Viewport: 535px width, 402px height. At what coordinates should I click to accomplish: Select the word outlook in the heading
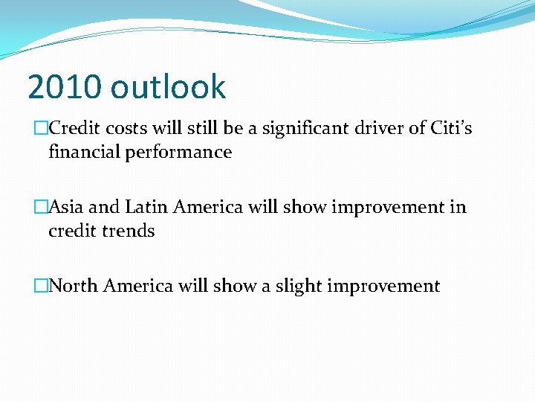click(x=168, y=87)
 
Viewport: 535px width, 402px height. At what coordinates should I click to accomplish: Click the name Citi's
click(x=451, y=128)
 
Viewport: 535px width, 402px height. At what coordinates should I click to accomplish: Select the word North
click(x=74, y=285)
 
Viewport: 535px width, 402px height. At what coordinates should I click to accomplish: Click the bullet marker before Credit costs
click(x=42, y=129)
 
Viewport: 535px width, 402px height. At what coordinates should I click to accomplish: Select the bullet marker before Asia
click(x=42, y=207)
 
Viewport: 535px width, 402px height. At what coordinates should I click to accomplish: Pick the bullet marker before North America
click(x=42, y=286)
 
